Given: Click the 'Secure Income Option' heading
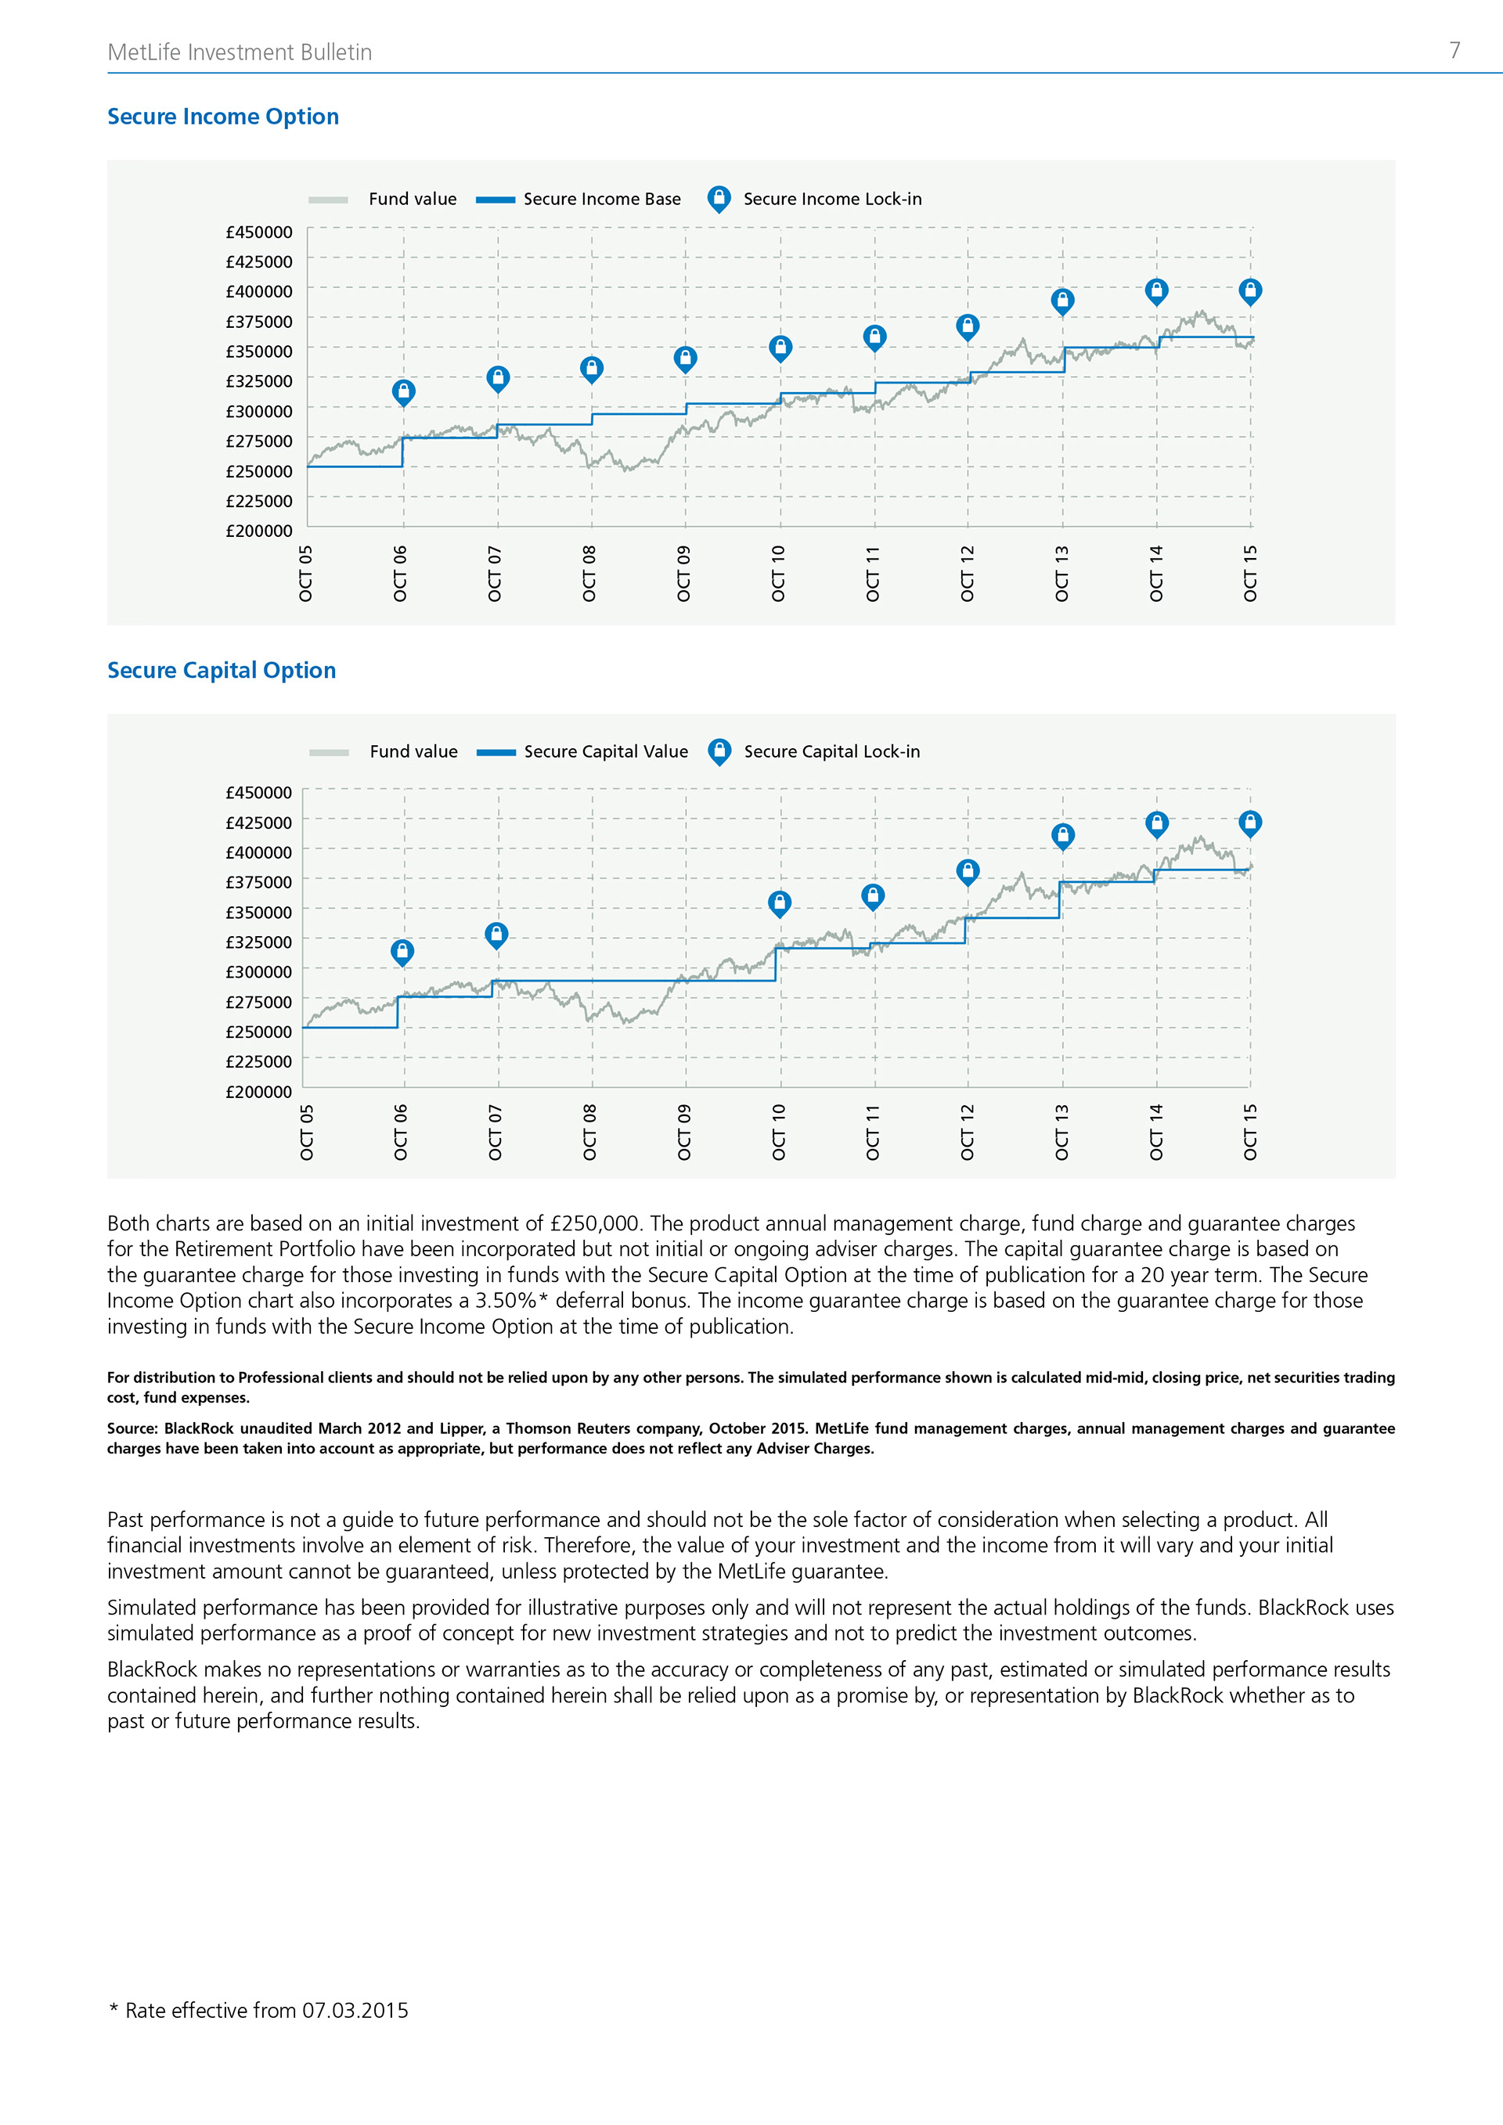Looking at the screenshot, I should click(x=223, y=117).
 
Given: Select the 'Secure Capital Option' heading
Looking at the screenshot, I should click(x=222, y=670).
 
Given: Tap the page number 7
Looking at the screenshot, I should click(x=1454, y=51).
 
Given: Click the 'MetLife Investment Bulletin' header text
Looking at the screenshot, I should click(x=240, y=52).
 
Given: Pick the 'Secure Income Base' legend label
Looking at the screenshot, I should click(x=601, y=199).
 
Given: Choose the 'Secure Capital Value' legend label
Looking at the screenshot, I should click(x=605, y=751).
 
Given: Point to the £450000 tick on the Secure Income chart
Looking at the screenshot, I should click(x=259, y=232).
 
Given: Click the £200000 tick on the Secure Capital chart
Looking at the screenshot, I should click(x=259, y=1092).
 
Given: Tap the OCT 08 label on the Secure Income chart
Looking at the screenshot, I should click(x=589, y=574).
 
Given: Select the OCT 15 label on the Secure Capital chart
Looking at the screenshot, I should click(x=1250, y=1132).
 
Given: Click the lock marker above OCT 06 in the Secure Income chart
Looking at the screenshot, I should click(x=403, y=391).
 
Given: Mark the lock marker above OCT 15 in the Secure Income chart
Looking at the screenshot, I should click(x=1250, y=291).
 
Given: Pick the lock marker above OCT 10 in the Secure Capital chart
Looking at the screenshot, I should click(x=779, y=902).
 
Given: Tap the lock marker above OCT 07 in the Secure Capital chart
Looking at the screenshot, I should click(x=496, y=934).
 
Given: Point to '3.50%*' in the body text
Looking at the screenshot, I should click(x=512, y=1300).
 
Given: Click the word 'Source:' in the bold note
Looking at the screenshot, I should click(x=132, y=1428).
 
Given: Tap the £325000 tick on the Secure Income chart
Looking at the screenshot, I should click(x=259, y=381).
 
